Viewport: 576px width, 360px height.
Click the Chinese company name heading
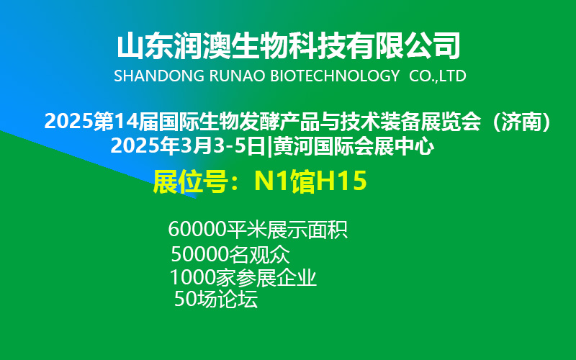point(289,46)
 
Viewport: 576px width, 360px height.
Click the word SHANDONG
point(159,76)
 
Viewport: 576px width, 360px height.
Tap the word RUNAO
point(237,76)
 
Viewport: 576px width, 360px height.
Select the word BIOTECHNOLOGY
point(335,76)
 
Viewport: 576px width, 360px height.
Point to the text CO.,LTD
point(438,76)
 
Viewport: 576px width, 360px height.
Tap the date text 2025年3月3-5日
point(188,146)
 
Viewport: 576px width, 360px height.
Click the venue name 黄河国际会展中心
point(354,146)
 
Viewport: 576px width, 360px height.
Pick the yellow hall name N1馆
point(284,181)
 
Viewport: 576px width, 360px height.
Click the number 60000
point(197,230)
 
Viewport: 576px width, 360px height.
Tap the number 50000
point(199,254)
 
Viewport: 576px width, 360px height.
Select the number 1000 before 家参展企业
point(192,278)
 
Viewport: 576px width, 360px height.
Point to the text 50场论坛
point(216,299)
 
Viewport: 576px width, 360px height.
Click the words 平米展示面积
point(287,230)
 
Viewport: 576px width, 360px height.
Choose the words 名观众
point(259,254)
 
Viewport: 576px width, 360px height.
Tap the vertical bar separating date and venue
point(269,147)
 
